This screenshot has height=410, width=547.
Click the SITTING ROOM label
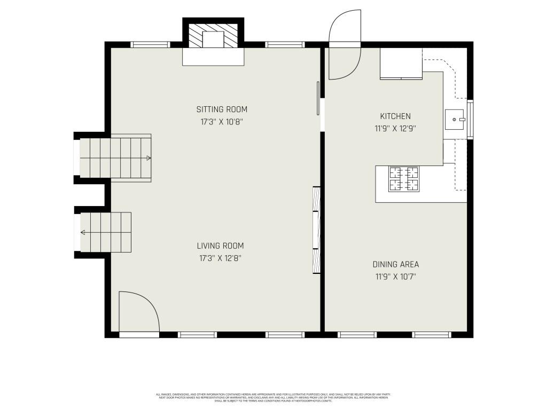[x=222, y=109]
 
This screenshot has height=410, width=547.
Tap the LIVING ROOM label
[x=220, y=246]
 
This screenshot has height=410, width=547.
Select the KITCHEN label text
[x=395, y=116]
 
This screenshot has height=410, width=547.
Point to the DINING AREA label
[x=395, y=264]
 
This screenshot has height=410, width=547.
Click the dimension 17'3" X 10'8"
[x=222, y=122]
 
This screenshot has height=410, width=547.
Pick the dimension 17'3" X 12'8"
[x=220, y=258]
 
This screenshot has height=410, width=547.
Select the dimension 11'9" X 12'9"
[x=395, y=128]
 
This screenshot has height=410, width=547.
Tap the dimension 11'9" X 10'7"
[x=395, y=277]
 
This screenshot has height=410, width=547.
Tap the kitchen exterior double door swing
[x=345, y=45]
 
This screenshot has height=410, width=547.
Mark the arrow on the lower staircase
[x=84, y=232]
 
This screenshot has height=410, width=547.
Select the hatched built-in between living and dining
[x=316, y=230]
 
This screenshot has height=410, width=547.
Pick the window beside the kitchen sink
[x=470, y=120]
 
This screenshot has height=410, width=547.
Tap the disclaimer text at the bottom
[x=273, y=398]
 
